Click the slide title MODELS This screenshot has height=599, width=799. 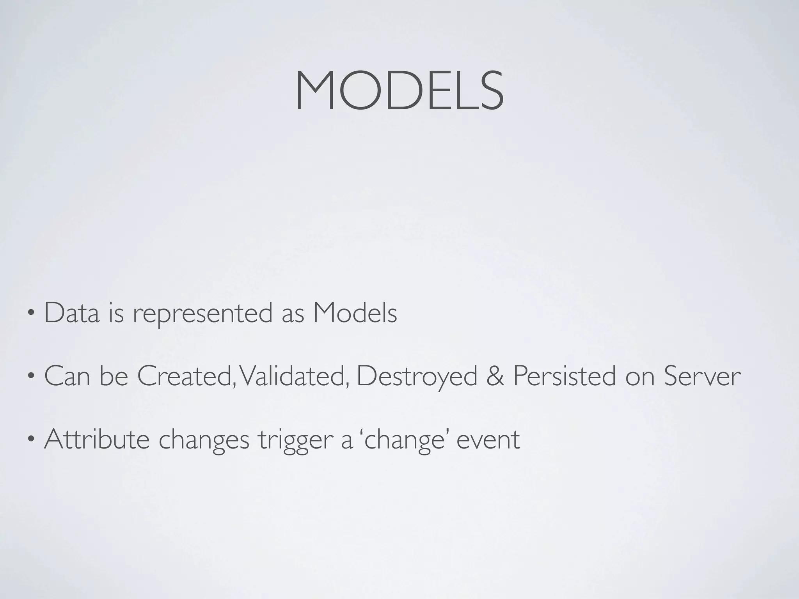[x=399, y=91]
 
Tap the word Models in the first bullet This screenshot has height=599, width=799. [x=355, y=313]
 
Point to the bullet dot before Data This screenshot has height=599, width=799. [x=31, y=314]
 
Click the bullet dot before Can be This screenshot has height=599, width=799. [x=31, y=377]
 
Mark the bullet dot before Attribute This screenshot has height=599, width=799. [x=31, y=440]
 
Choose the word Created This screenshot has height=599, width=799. [x=186, y=376]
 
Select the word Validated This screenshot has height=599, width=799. [x=293, y=376]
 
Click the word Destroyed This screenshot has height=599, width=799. [x=417, y=377]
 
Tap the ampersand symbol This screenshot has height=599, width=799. [x=495, y=376]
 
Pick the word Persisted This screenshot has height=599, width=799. [x=564, y=376]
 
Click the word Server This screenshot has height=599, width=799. [x=702, y=376]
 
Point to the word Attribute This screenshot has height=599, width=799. [x=97, y=440]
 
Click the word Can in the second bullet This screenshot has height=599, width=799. [x=67, y=376]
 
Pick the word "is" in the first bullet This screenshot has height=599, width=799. [x=116, y=313]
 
